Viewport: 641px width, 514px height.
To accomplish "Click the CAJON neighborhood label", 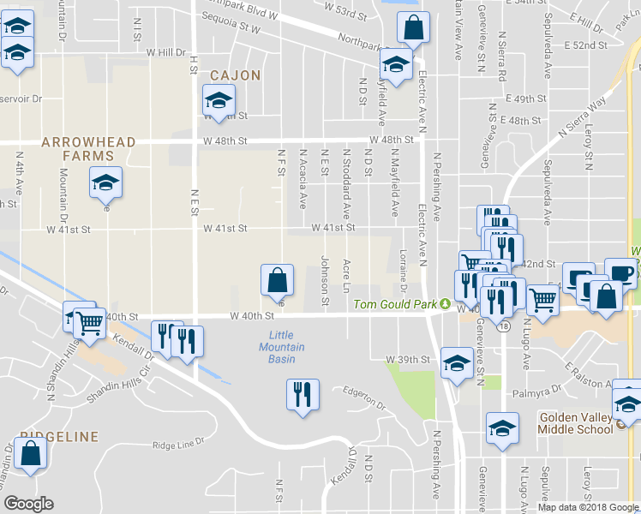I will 230,75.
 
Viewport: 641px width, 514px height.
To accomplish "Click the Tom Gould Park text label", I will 396,305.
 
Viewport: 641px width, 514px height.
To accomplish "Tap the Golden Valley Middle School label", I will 575,423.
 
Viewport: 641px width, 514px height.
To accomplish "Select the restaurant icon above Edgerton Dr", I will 302,394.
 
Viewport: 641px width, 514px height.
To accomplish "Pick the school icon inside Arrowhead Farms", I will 105,182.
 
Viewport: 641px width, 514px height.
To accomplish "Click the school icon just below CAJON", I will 219,100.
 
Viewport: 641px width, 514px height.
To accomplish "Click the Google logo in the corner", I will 28,503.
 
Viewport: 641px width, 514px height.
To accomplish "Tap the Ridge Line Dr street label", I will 179,445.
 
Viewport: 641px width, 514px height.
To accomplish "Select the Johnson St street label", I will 325,279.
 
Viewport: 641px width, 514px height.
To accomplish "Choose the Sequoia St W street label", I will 231,27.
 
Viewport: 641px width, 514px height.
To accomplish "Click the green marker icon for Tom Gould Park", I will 446,304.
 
